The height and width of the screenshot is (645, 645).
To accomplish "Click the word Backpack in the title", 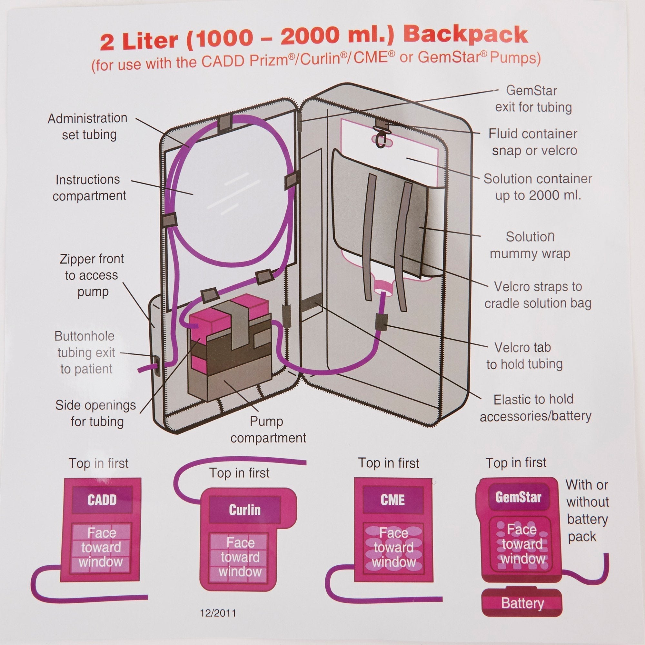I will point(467,35).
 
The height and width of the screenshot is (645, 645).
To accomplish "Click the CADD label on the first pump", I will point(102,500).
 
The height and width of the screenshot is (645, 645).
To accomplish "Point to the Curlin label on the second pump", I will point(244,510).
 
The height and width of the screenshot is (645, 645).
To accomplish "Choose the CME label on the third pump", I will point(392,500).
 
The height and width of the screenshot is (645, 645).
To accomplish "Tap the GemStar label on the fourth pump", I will point(518,497).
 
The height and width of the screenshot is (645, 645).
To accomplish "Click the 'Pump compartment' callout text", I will point(268,430).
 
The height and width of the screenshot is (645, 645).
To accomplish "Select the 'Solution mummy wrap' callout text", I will point(530,245).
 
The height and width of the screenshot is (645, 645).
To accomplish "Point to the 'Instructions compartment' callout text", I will point(89,188).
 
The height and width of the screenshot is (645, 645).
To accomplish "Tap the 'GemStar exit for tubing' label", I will point(533,99).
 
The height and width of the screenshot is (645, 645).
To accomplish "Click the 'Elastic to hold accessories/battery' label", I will point(535,408).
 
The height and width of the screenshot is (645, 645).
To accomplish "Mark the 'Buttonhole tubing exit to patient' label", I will point(86,352).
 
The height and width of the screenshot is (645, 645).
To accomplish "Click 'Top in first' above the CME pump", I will point(388,463).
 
